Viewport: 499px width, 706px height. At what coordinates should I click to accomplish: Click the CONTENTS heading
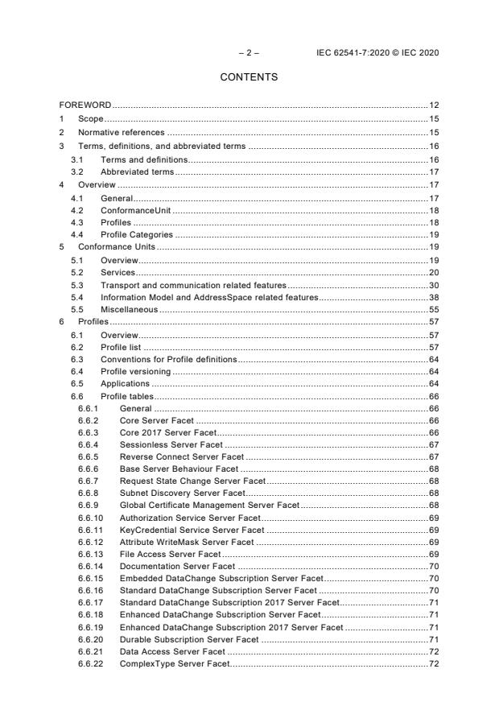(x=249, y=77)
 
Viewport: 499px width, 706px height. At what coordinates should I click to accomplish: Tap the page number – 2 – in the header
(x=249, y=53)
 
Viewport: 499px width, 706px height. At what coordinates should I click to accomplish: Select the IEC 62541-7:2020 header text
(x=379, y=53)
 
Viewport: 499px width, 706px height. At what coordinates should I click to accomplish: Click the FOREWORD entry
(x=85, y=105)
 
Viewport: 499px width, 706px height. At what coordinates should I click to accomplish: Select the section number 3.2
(x=77, y=171)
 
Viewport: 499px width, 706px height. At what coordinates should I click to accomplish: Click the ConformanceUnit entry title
(x=134, y=211)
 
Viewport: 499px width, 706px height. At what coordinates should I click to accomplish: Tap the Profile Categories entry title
(x=136, y=234)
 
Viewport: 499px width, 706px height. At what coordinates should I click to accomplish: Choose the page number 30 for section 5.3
(x=433, y=286)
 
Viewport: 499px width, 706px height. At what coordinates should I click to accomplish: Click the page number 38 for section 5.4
(x=433, y=298)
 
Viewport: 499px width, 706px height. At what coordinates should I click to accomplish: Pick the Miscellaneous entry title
(x=129, y=309)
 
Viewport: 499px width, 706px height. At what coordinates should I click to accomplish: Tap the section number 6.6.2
(x=89, y=421)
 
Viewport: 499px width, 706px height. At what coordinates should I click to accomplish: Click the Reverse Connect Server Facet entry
(x=181, y=456)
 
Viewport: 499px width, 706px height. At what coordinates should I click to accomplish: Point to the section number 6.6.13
(x=90, y=555)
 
